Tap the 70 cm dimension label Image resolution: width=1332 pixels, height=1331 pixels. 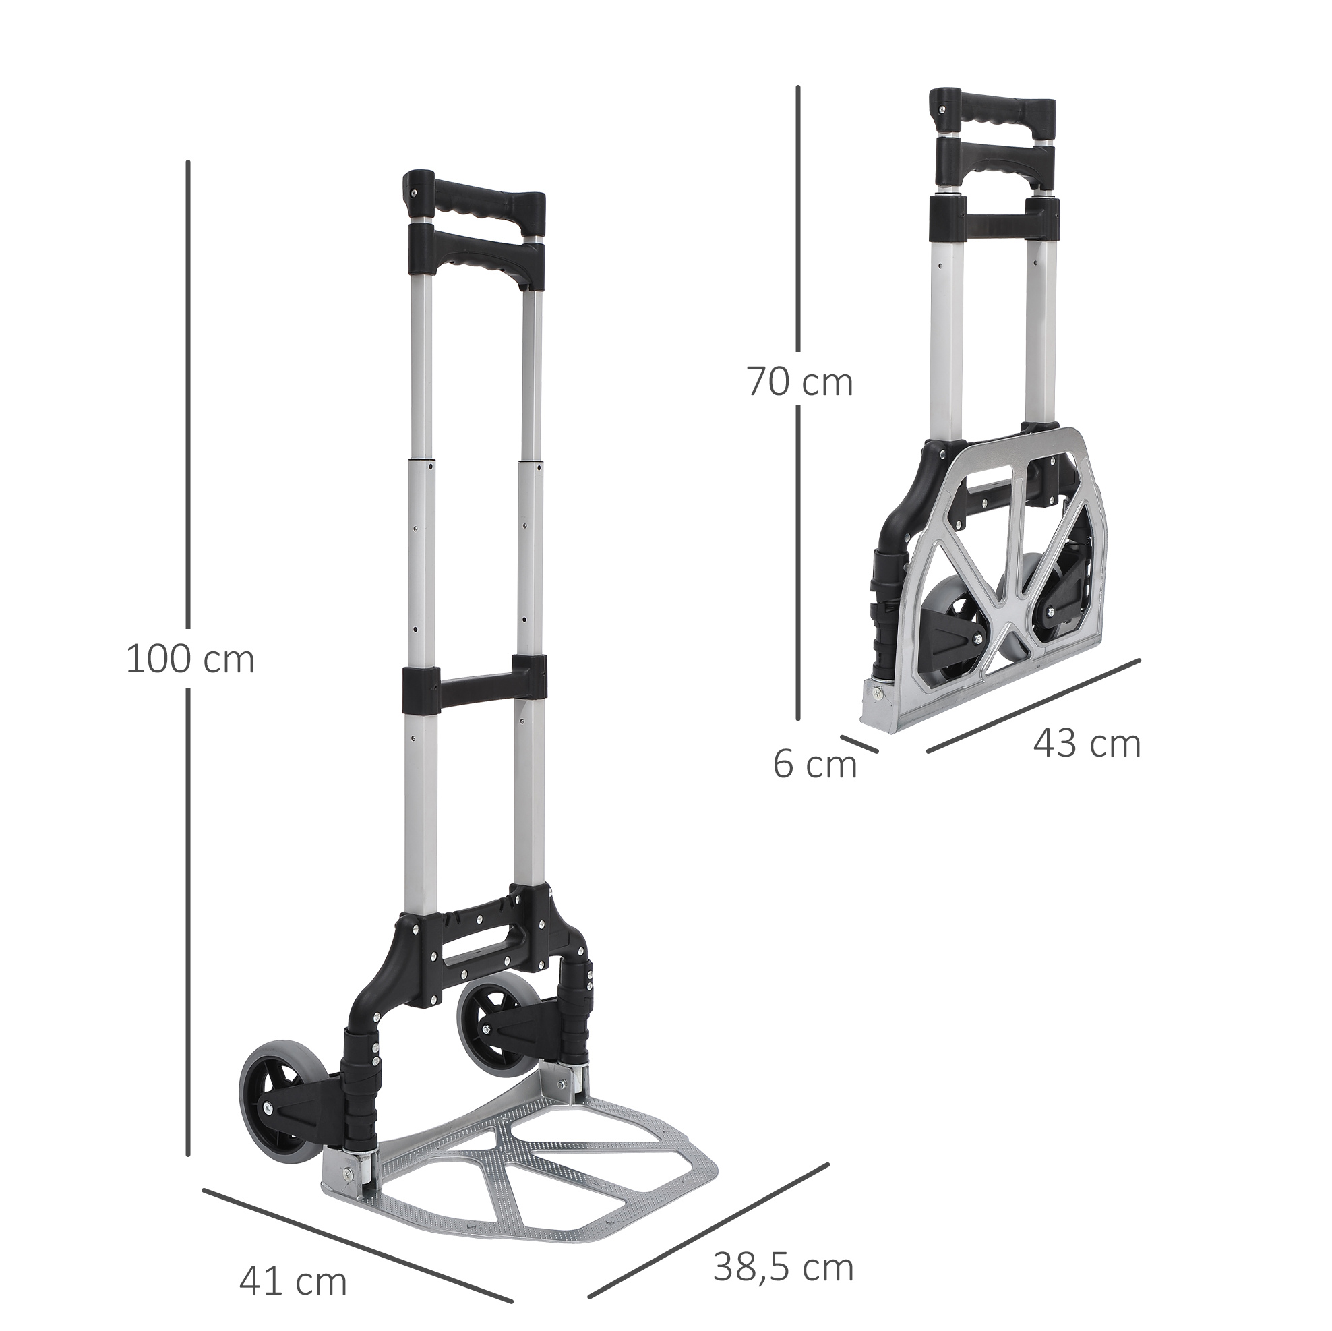[800, 383]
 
